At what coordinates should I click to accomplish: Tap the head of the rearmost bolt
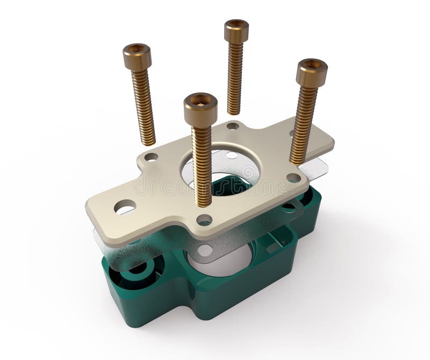[236, 30]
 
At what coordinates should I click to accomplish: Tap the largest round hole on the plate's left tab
[125, 206]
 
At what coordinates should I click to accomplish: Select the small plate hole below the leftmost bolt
[152, 157]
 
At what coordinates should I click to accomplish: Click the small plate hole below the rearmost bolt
[233, 126]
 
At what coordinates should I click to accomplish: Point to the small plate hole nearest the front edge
[204, 219]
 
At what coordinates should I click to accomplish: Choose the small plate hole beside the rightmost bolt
[293, 177]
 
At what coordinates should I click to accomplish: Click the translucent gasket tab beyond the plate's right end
[317, 168]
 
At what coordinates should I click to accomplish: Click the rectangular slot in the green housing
[272, 244]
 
